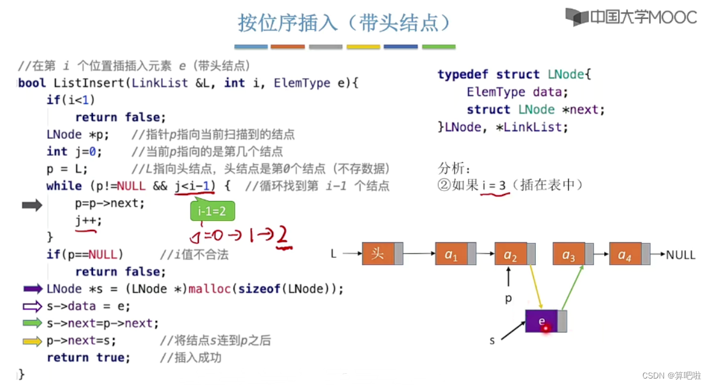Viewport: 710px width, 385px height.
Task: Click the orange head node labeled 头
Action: (x=378, y=254)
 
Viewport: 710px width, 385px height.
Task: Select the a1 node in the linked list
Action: (x=451, y=254)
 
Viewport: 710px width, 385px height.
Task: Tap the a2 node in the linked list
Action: (x=510, y=254)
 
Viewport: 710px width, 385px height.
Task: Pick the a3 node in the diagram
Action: (x=568, y=254)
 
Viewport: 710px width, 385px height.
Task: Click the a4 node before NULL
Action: (x=625, y=254)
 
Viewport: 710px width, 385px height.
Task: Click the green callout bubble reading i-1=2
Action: (x=212, y=210)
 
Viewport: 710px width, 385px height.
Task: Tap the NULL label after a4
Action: (x=681, y=255)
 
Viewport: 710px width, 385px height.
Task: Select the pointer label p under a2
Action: (x=509, y=299)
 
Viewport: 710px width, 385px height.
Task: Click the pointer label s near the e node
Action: (x=492, y=340)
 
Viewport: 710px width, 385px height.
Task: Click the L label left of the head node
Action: (x=334, y=254)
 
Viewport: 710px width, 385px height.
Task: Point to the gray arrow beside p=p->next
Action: (x=32, y=205)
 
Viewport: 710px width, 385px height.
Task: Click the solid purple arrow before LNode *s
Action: (x=33, y=289)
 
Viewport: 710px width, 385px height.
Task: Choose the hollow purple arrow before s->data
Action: (x=33, y=306)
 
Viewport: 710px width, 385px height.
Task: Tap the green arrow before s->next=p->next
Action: (x=33, y=323)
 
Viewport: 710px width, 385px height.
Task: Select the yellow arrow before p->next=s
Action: (x=33, y=340)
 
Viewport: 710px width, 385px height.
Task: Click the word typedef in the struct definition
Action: (x=464, y=75)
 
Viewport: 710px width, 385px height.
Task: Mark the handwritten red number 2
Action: (x=285, y=237)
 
